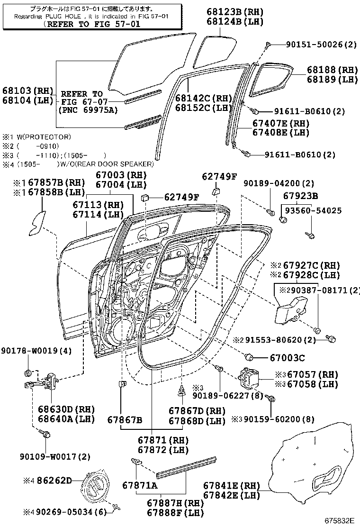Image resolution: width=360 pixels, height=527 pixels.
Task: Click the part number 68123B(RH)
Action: (x=235, y=11)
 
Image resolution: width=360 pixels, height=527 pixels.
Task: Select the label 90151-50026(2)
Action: (x=321, y=45)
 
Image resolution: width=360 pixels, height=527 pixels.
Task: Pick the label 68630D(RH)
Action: (x=66, y=409)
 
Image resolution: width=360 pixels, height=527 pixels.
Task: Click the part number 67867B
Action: (x=125, y=419)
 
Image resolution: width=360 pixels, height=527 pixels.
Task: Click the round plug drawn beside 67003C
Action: (x=250, y=356)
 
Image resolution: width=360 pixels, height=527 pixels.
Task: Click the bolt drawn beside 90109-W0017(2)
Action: (x=45, y=434)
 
